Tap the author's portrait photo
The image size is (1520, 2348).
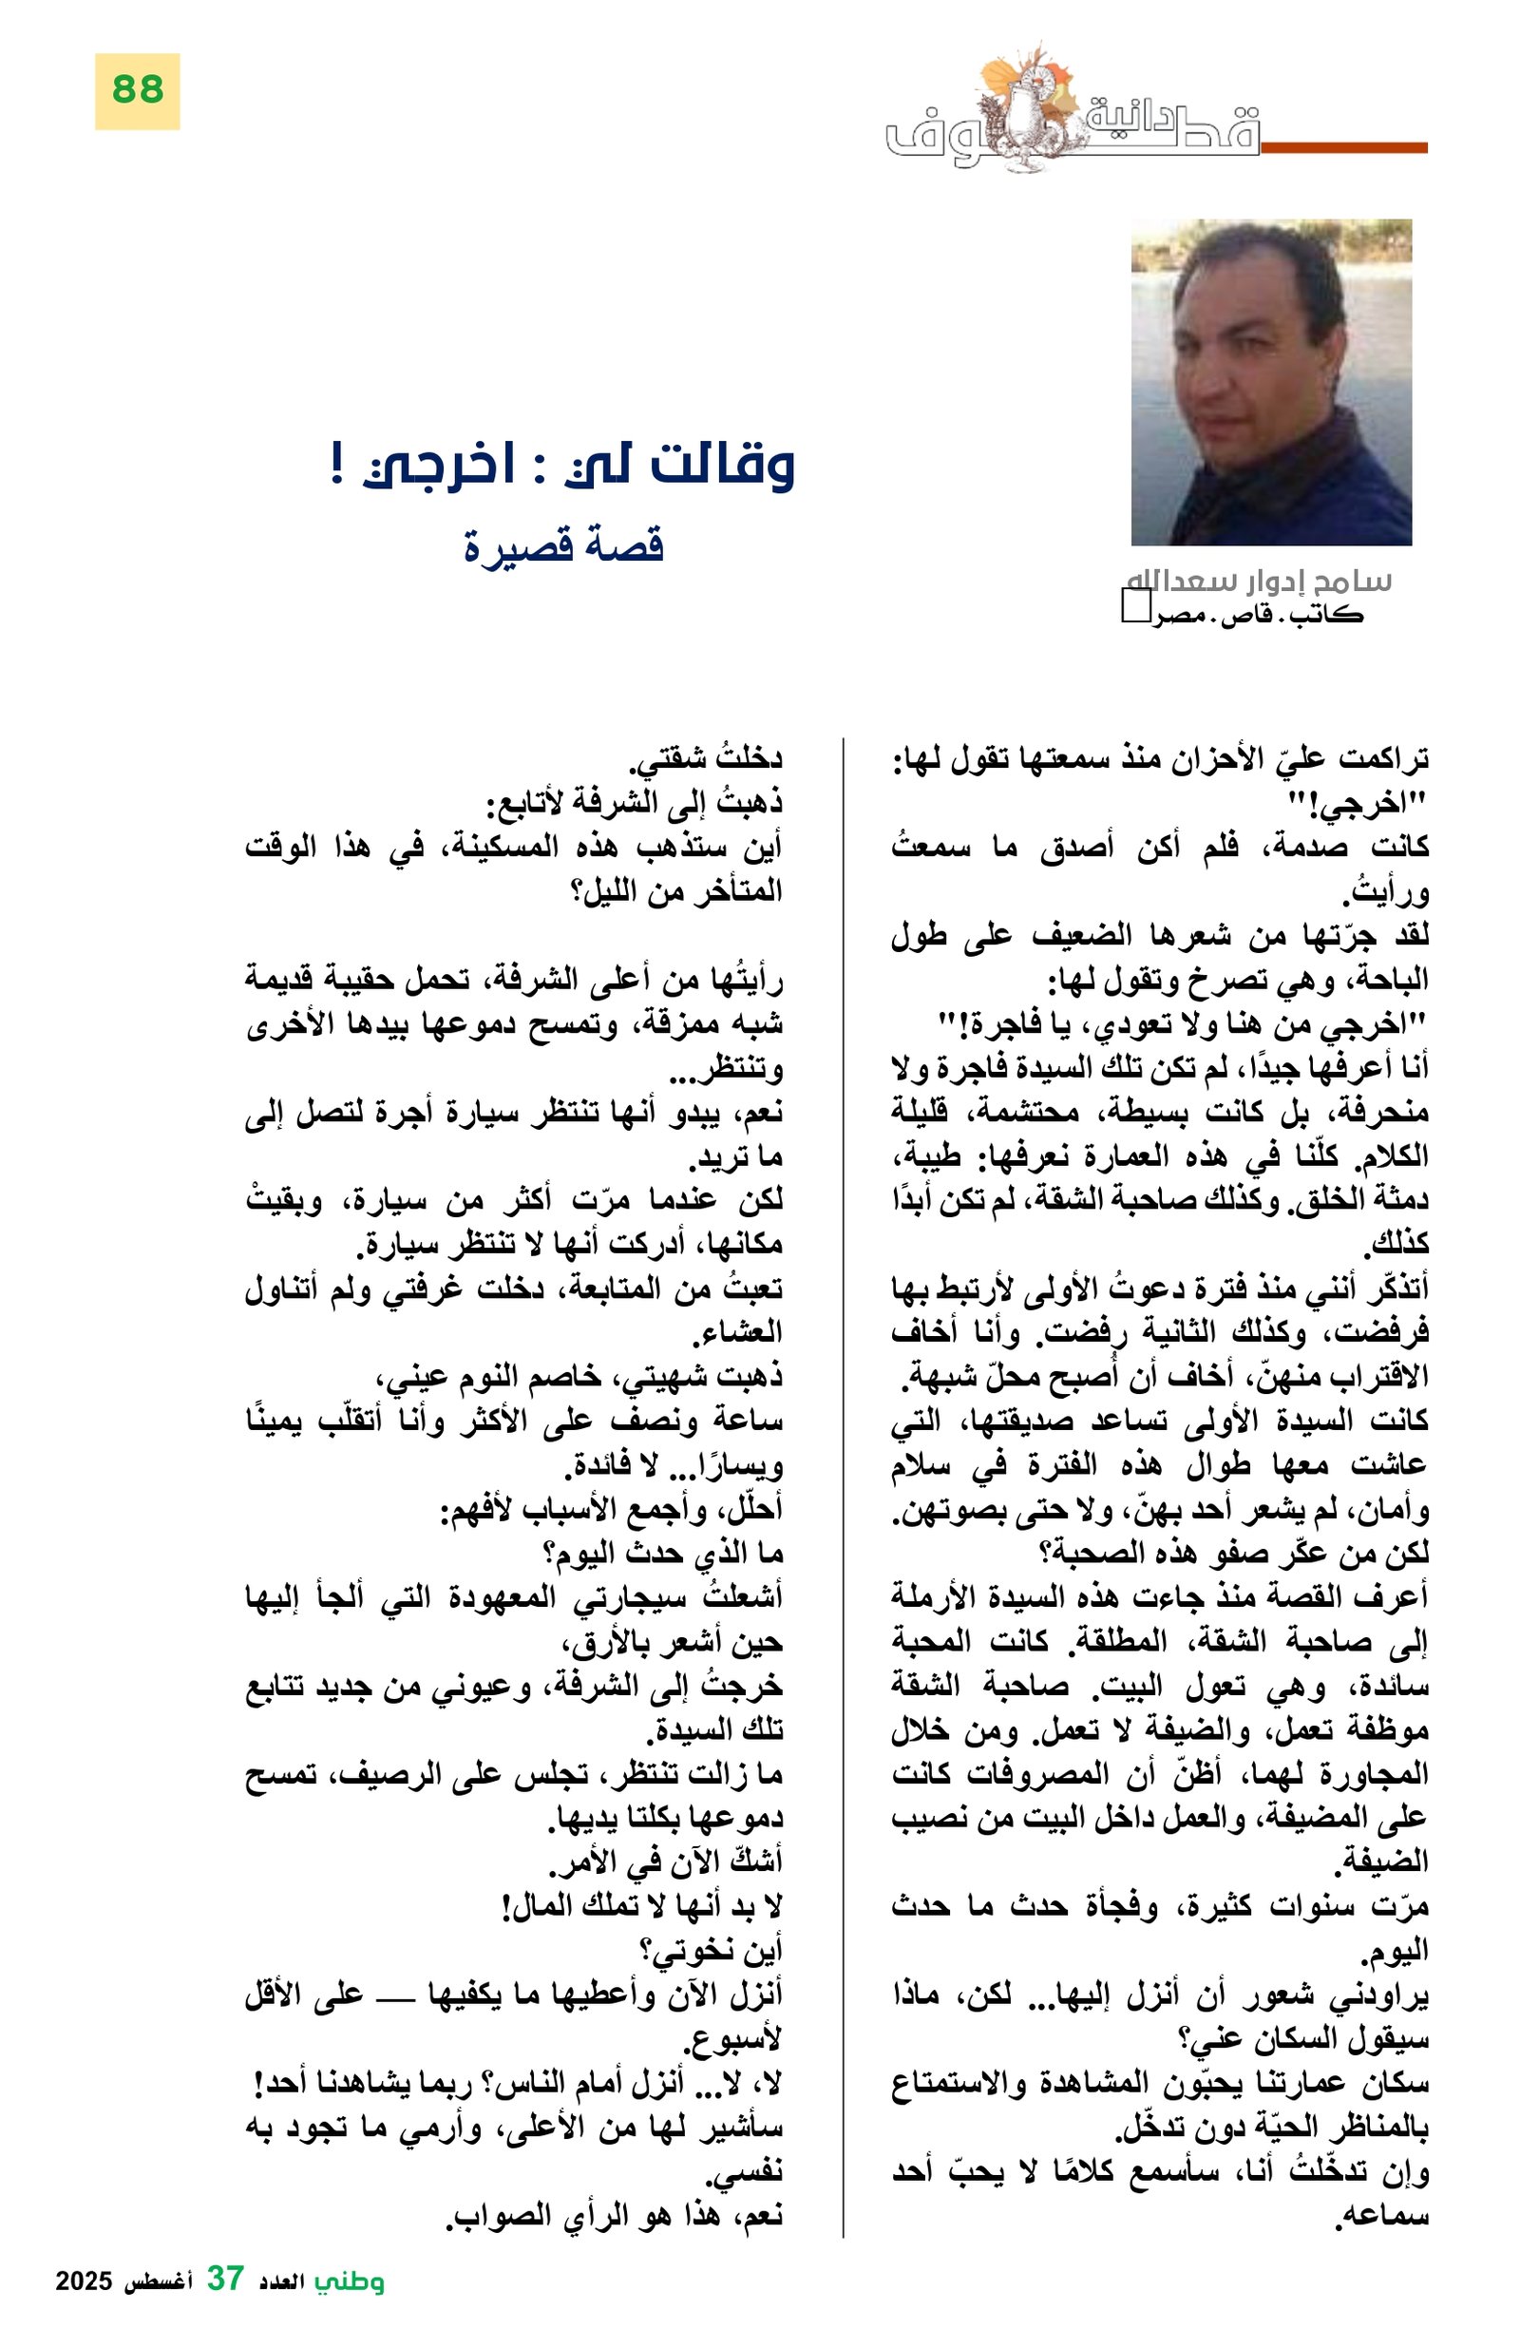click(x=1270, y=382)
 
